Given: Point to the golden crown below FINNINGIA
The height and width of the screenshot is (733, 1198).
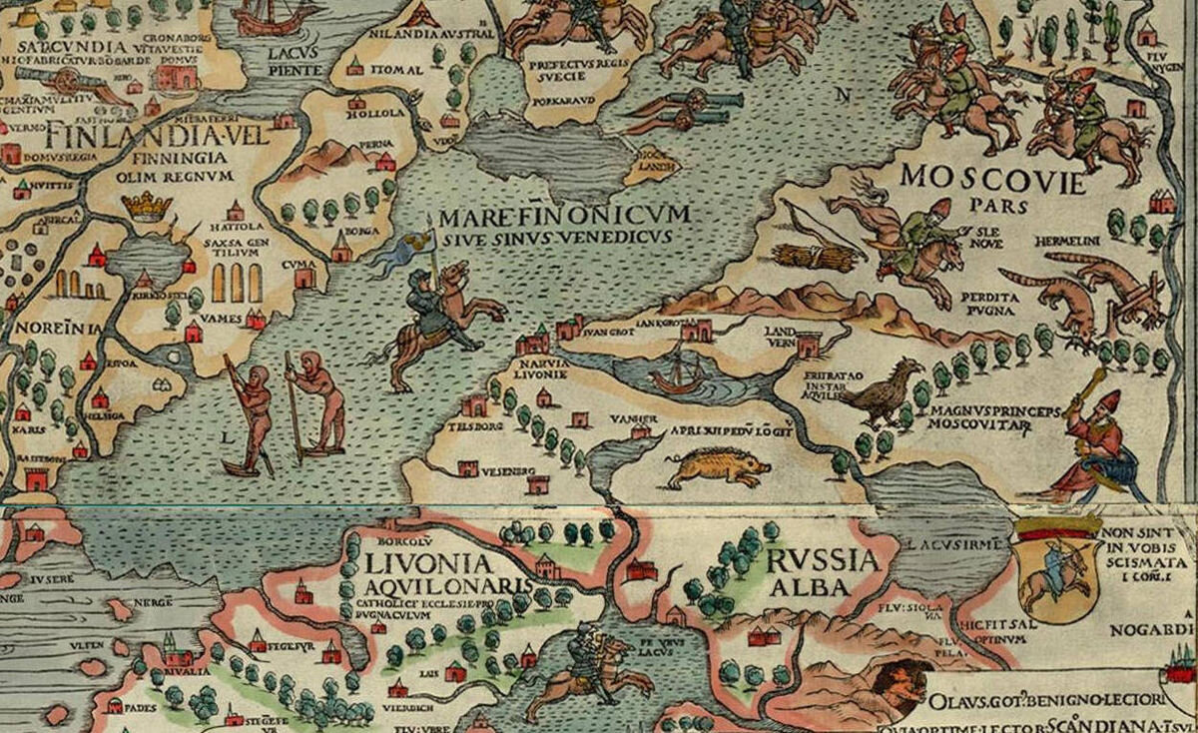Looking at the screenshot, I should coord(147,207).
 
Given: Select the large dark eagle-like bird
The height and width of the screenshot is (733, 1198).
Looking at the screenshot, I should coord(883,393).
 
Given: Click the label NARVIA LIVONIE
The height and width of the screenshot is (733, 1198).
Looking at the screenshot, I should coord(543,369).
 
